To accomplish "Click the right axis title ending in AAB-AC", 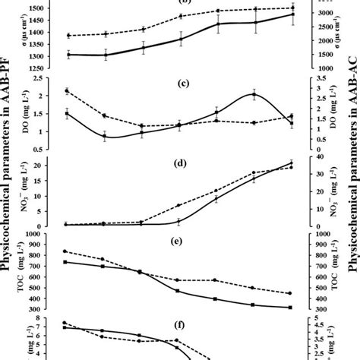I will pyautogui.click(x=352, y=180).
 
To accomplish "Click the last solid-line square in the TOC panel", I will pyautogui.click(x=291, y=308).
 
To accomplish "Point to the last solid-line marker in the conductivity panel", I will pyautogui.click(x=292, y=14).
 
